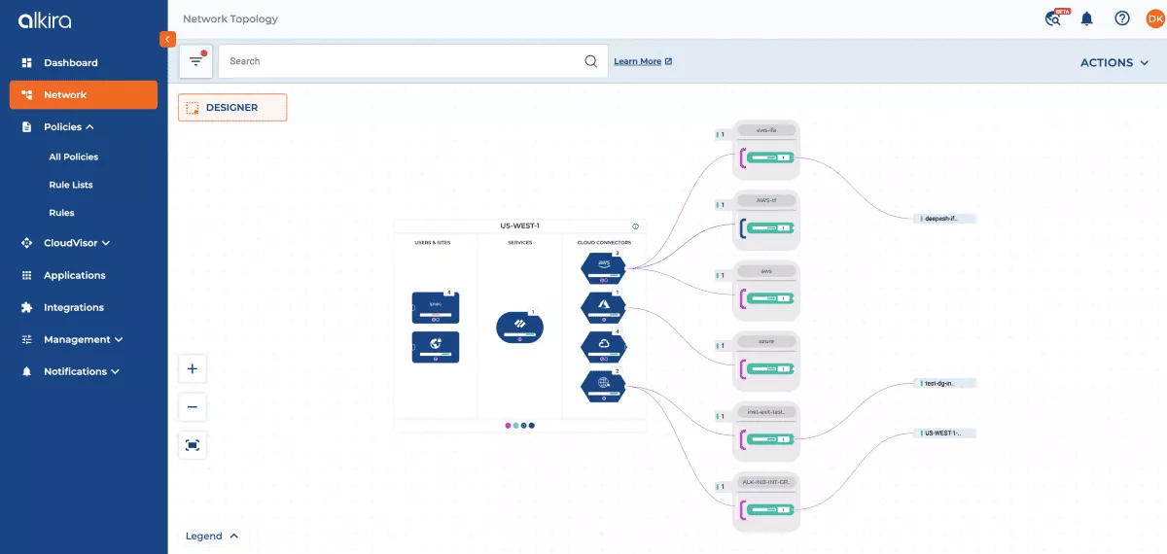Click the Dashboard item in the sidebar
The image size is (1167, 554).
click(x=70, y=62)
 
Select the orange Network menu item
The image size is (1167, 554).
click(x=83, y=94)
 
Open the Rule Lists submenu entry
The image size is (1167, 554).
click(x=71, y=185)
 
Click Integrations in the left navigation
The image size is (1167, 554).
click(x=73, y=307)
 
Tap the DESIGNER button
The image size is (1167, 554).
click(x=232, y=108)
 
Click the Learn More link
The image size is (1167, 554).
click(x=642, y=61)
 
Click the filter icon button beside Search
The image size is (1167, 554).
click(x=196, y=61)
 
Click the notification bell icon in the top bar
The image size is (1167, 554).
click(x=1087, y=18)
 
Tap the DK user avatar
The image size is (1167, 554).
click(x=1153, y=18)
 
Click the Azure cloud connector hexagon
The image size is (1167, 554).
click(x=603, y=307)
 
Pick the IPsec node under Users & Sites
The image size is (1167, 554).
click(x=436, y=307)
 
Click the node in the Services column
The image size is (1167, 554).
click(x=519, y=327)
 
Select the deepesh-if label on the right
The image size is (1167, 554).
click(x=943, y=219)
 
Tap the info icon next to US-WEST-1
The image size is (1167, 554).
click(x=635, y=225)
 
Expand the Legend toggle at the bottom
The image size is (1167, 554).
click(x=213, y=536)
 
